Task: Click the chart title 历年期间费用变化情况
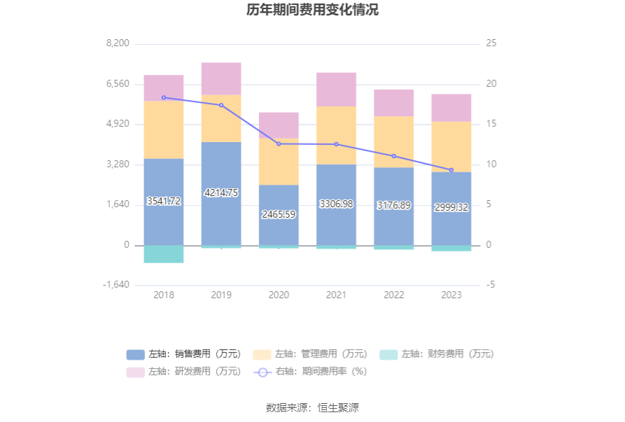(312, 10)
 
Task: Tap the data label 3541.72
(164, 201)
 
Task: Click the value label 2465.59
(279, 214)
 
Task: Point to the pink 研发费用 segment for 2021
(336, 89)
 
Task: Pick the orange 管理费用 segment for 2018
(164, 129)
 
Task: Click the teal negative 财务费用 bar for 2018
(164, 254)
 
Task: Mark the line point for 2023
(451, 170)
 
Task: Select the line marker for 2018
(164, 97)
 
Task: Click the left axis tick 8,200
(118, 43)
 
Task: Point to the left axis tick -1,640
(116, 285)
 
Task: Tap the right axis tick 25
(491, 43)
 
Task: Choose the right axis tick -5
(491, 285)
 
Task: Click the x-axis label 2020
(279, 295)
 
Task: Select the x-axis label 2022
(394, 295)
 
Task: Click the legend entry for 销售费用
(183, 354)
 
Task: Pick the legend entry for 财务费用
(436, 354)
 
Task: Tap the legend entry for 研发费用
(183, 372)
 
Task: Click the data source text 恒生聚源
(338, 408)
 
